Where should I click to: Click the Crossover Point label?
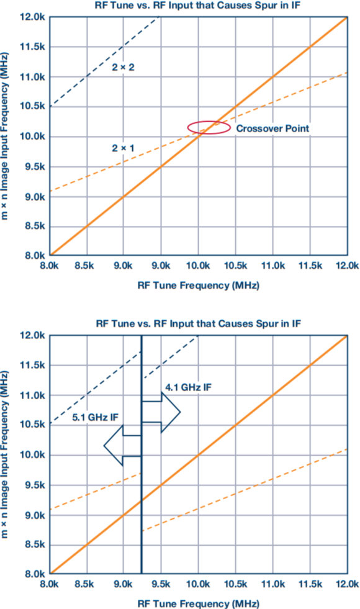click(x=272, y=129)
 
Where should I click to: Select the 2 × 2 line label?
click(x=123, y=67)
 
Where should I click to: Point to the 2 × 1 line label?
click(x=123, y=148)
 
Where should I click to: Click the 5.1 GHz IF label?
click(x=95, y=417)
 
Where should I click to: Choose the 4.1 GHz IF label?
click(x=188, y=387)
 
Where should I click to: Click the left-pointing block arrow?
click(x=122, y=446)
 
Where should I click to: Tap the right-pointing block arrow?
click(x=161, y=412)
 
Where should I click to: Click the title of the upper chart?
click(x=198, y=6)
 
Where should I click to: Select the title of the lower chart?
click(x=198, y=323)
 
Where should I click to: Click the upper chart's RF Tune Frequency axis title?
click(x=198, y=286)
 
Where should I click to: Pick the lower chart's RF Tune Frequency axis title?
click(x=198, y=603)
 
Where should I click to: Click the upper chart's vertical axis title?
click(x=5, y=137)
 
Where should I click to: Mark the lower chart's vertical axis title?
click(x=5, y=454)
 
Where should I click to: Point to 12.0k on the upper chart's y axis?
click(x=33, y=17)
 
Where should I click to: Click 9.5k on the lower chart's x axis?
click(x=160, y=584)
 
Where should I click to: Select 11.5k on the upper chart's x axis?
click(x=310, y=266)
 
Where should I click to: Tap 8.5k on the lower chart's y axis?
click(x=35, y=544)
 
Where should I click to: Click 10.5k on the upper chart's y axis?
click(x=33, y=107)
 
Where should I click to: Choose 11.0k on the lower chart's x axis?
click(x=272, y=584)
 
